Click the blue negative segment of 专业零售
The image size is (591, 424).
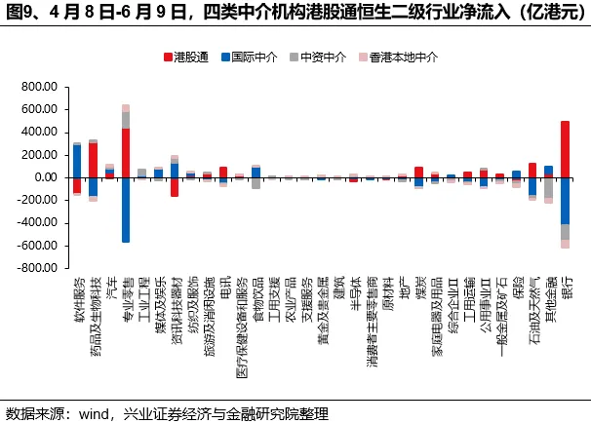click(126, 210)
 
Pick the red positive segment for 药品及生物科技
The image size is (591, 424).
click(93, 161)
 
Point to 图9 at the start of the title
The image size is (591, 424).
click(20, 13)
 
